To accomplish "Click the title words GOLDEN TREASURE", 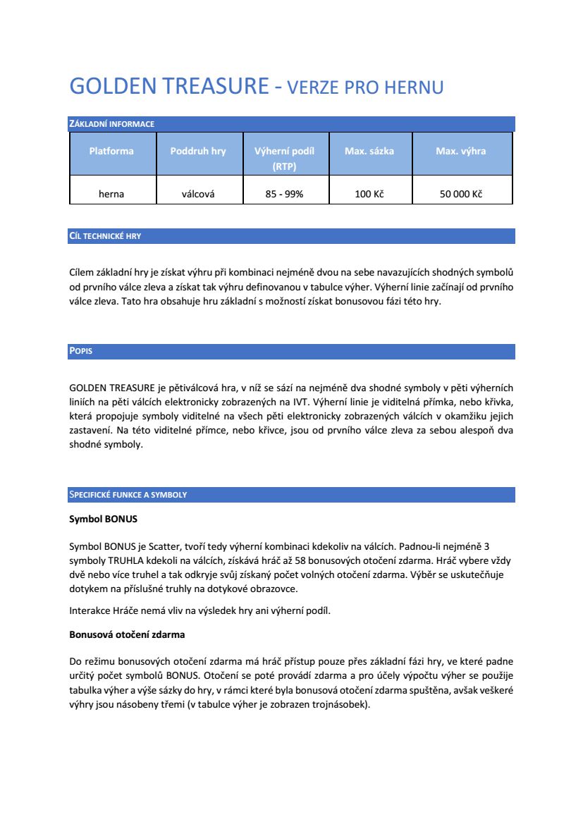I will coord(169,86).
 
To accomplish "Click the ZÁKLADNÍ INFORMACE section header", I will coord(111,124).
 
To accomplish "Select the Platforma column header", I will coord(111,151).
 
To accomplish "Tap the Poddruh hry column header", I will coord(198,151).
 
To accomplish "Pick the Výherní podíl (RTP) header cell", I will coord(284,159).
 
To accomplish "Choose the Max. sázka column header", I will coord(369,151).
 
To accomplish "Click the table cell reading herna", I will coord(111,194).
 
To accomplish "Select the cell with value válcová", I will coord(198,194).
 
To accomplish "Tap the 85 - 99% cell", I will coord(284,194).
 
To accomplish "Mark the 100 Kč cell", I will coord(369,194).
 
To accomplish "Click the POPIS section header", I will coord(81,351).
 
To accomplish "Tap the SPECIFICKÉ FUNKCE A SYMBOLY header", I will coord(128,495).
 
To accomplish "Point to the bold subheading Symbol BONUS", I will coord(103,519).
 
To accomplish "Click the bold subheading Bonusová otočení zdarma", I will coord(127,634).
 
